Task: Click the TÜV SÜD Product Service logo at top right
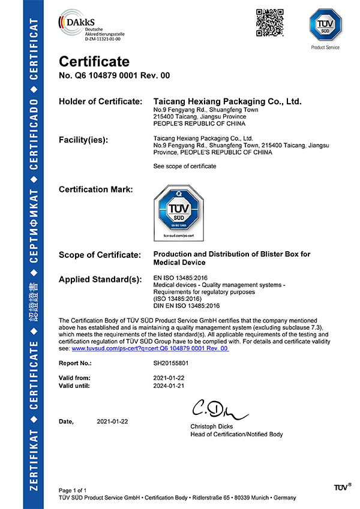click(325, 28)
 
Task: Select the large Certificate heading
click(94, 62)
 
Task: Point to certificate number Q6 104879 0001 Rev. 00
click(114, 76)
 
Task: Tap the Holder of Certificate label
click(100, 102)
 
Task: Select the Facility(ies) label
click(83, 140)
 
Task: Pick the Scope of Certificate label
click(100, 255)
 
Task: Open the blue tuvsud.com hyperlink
click(150, 348)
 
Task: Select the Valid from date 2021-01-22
click(169, 378)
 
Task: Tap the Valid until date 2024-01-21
click(169, 386)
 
